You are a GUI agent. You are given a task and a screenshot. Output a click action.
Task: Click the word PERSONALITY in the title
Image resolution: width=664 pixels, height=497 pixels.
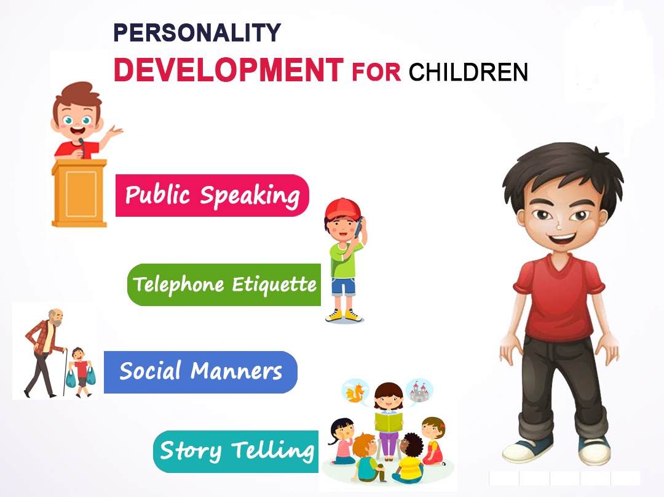tap(197, 33)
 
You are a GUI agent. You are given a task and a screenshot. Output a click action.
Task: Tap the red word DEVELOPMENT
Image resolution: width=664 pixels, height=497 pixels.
tap(229, 70)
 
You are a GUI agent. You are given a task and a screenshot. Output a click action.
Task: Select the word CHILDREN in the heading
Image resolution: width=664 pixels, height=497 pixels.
tap(468, 72)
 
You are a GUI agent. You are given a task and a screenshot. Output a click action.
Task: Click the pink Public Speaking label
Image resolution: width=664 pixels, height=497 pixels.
tap(212, 195)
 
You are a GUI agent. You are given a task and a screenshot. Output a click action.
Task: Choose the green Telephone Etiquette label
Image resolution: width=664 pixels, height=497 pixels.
tap(224, 285)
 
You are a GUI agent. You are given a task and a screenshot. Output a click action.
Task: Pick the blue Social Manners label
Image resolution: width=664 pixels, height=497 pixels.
tap(200, 372)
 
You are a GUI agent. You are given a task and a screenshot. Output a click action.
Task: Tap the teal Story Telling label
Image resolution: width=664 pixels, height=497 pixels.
tap(236, 451)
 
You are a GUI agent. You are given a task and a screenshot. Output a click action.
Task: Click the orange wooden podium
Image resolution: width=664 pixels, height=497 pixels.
tap(79, 193)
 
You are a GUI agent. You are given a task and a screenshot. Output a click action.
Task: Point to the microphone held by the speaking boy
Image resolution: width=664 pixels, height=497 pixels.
tap(82, 147)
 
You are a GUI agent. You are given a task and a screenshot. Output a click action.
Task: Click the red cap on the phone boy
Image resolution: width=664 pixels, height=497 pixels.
tap(343, 209)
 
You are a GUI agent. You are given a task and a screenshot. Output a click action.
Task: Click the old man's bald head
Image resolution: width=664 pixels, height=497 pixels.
tap(55, 315)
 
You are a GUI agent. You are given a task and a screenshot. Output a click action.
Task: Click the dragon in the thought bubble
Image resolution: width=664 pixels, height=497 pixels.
tap(355, 392)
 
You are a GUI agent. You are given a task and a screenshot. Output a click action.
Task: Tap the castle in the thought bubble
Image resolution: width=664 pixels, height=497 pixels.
tap(419, 391)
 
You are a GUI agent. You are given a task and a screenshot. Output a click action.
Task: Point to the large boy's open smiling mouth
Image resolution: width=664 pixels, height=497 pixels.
tap(563, 238)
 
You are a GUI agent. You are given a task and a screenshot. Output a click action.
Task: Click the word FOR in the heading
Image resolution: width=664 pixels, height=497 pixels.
tap(376, 73)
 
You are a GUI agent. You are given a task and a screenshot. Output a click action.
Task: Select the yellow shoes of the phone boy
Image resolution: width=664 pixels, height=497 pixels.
tap(344, 315)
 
